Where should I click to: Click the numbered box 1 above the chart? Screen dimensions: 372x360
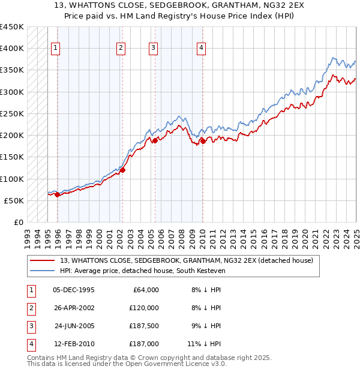(56, 49)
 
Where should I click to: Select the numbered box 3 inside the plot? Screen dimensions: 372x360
(154, 49)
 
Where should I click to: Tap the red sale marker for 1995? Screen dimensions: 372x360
(57, 194)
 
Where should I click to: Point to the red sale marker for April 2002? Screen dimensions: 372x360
(122, 170)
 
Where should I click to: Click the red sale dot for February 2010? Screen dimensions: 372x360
(203, 141)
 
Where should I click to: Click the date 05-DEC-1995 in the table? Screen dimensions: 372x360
(74, 290)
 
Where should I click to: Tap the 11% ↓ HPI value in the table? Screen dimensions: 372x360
(204, 344)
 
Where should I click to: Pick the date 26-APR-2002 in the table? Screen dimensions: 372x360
(74, 308)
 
